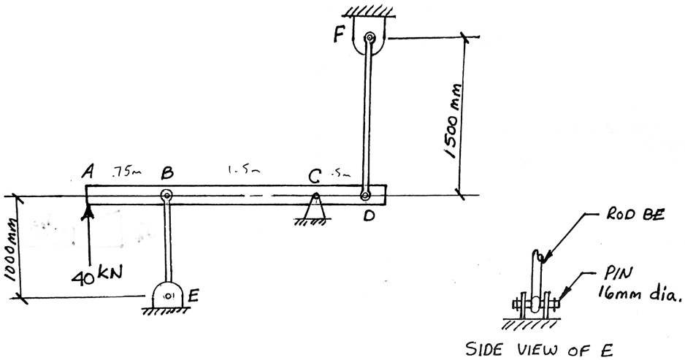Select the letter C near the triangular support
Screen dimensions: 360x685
click(314, 177)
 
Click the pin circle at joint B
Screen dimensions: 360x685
click(166, 195)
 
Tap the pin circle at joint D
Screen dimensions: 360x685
click(364, 195)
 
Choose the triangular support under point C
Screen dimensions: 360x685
click(315, 210)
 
